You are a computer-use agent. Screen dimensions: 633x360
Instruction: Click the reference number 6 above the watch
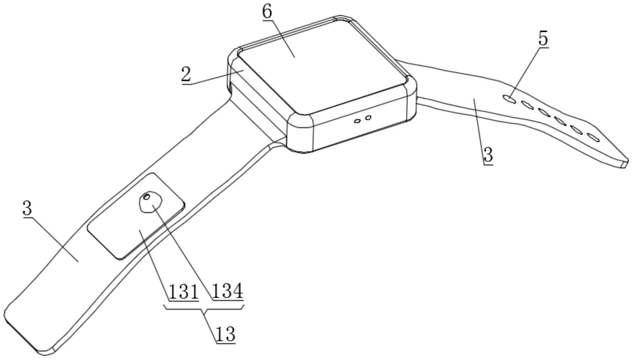(x=267, y=12)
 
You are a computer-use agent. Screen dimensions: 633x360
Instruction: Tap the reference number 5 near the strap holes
(x=543, y=39)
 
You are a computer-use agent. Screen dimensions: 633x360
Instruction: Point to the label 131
(x=183, y=292)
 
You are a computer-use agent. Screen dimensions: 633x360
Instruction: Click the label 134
(x=227, y=292)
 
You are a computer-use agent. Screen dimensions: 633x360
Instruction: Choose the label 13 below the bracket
(x=225, y=334)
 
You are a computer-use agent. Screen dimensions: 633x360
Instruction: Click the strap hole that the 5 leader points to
(x=508, y=99)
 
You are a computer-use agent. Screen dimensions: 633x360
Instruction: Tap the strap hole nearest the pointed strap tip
(x=593, y=137)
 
